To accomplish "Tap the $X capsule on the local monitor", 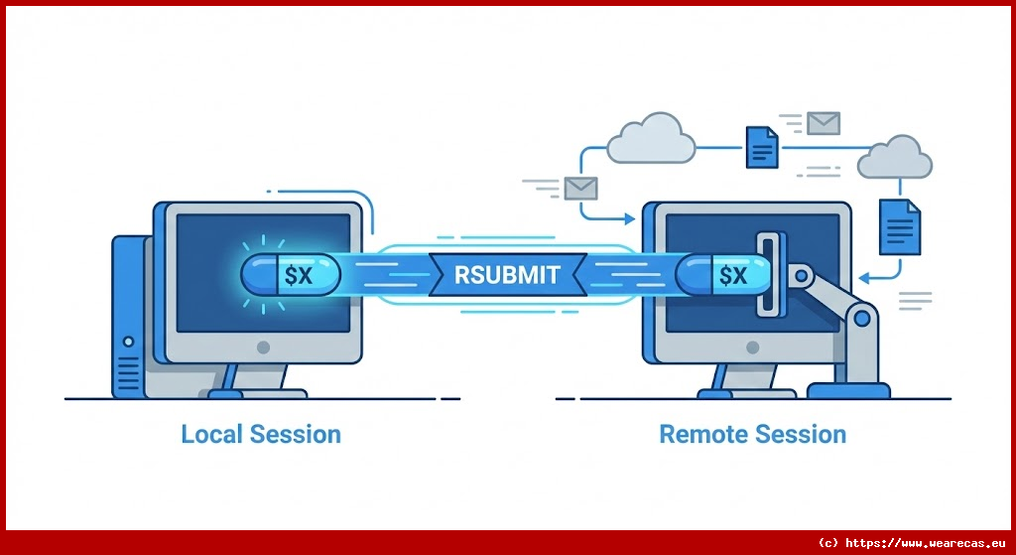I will point(290,275).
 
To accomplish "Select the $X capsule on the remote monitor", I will point(724,275).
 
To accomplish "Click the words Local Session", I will point(261,434).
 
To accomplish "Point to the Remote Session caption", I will point(752,434).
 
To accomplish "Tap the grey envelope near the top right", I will point(823,122).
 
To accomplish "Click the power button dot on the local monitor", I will point(263,347).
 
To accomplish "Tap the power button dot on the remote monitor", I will point(752,347).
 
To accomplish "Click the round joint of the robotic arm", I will point(861,319).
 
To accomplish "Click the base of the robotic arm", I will point(849,389).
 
